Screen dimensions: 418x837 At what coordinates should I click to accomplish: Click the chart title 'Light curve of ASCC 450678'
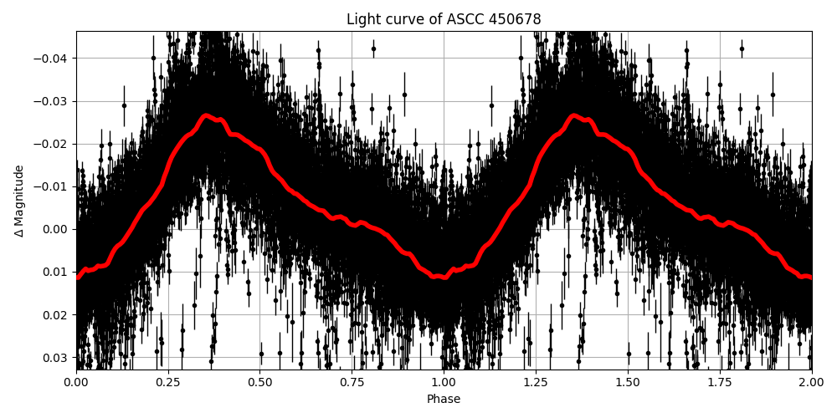tap(444, 19)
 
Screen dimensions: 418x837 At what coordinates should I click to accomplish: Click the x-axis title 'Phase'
tap(444, 400)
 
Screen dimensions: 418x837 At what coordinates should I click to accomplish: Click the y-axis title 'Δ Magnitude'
tap(19, 201)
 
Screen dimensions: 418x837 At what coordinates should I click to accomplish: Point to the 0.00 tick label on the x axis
tap(76, 382)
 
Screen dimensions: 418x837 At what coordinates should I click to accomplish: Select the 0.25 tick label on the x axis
tap(168, 382)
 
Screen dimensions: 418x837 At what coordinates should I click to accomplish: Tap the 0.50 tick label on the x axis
tap(260, 382)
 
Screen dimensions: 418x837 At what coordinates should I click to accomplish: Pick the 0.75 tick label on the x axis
tap(352, 382)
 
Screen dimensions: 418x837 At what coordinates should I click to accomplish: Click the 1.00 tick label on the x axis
tap(444, 382)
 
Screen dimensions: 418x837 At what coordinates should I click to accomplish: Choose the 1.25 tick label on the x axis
tap(536, 382)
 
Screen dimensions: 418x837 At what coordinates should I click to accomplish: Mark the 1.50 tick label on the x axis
tap(628, 382)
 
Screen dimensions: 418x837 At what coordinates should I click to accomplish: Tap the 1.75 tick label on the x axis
tap(720, 382)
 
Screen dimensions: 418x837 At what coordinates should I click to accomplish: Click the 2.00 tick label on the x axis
tap(811, 382)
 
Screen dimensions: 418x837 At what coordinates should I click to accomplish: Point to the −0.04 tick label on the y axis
tap(54, 59)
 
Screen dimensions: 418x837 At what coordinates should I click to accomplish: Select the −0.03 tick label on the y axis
tap(54, 101)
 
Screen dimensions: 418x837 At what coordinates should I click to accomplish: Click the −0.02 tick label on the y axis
tap(54, 144)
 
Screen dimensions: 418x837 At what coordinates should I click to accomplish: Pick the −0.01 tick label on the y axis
tap(54, 186)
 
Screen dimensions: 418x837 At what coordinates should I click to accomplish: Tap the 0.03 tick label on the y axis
tap(58, 358)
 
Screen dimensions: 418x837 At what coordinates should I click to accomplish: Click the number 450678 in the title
tap(518, 19)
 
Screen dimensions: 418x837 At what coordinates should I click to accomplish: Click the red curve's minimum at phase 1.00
tap(444, 277)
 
